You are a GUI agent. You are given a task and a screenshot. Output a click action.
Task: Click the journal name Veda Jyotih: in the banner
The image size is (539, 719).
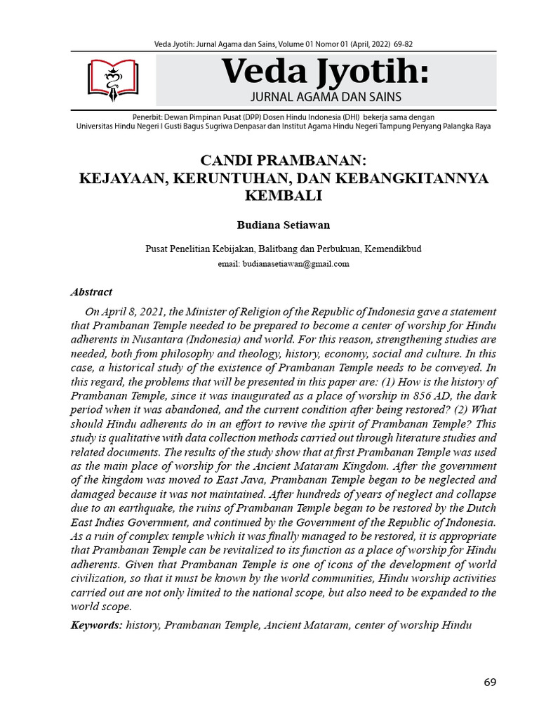[x=325, y=72]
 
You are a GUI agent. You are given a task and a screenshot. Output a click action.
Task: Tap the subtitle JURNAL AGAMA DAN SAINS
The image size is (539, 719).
[x=326, y=96]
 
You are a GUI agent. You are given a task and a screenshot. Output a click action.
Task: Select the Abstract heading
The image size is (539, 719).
[x=92, y=292]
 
